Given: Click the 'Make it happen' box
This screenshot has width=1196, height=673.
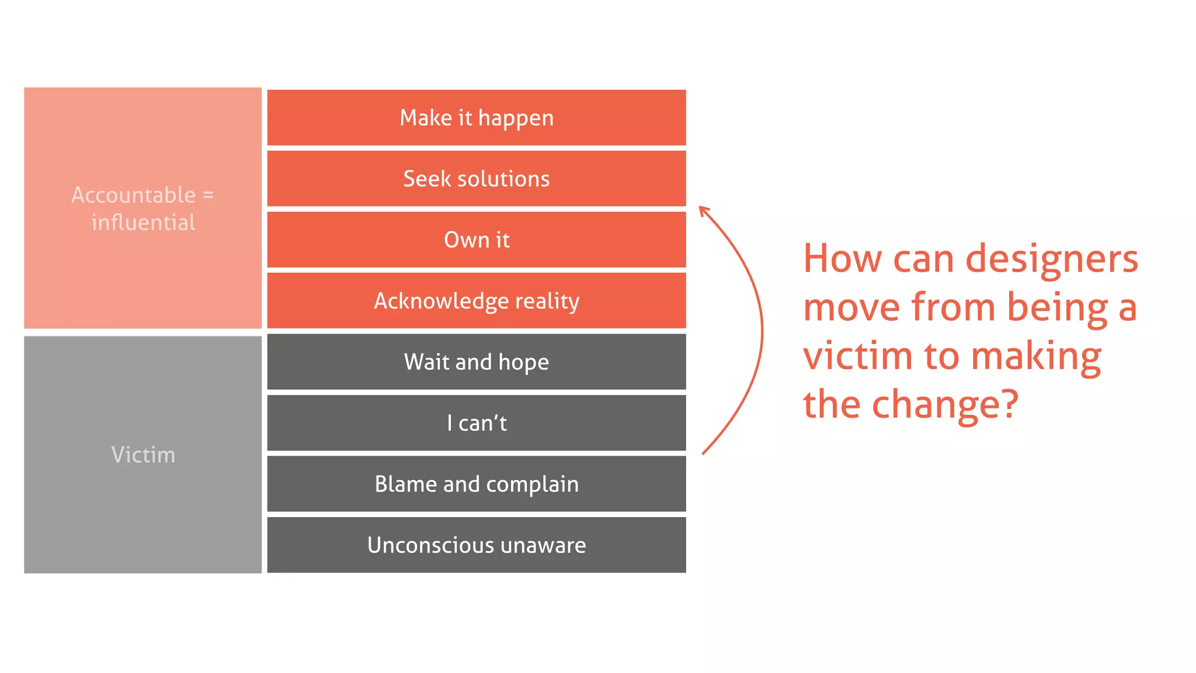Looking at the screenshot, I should (x=477, y=117).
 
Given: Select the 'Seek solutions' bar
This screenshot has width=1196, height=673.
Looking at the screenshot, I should (x=477, y=179).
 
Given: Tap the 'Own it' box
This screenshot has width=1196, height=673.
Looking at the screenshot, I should (x=477, y=240).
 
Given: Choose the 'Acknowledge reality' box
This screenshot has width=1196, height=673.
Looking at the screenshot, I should (x=477, y=301).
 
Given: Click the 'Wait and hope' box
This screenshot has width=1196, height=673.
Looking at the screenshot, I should (x=477, y=362).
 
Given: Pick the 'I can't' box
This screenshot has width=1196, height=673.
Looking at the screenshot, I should (x=477, y=423).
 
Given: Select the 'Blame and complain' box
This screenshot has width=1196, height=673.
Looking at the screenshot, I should (x=477, y=484).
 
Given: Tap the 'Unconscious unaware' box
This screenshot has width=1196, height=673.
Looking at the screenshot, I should (x=477, y=545).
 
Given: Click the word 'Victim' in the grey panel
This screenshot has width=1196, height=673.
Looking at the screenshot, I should (x=143, y=455).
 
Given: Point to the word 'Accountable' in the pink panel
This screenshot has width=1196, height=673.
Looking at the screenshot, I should (x=133, y=195).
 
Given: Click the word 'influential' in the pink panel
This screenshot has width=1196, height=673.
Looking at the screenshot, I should (x=143, y=223).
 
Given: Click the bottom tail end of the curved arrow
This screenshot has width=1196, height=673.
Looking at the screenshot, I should (x=704, y=453).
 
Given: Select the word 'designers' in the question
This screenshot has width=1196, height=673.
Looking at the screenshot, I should (x=1051, y=259).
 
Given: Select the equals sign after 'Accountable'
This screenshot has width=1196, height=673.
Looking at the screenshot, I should (x=208, y=195).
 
